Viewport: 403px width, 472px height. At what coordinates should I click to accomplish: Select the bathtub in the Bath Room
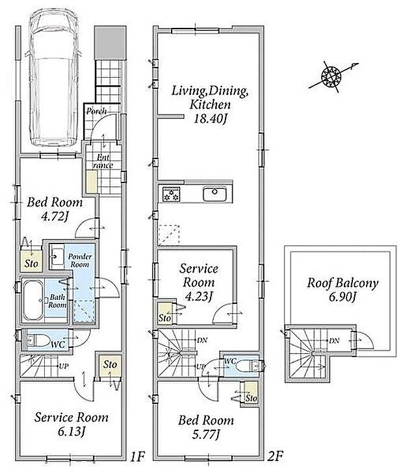(x=33, y=301)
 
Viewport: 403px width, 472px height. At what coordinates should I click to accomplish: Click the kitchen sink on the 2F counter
(x=214, y=193)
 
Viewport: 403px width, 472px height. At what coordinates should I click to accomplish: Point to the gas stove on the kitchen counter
(x=171, y=194)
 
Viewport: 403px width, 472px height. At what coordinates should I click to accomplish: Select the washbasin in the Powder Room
(x=57, y=256)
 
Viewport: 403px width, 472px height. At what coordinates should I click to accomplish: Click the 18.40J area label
(x=209, y=118)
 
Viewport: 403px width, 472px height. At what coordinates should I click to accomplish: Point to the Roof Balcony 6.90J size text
(x=343, y=297)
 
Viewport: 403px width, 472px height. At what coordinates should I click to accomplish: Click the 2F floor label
(x=275, y=456)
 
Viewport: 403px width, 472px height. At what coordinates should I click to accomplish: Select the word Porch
(x=96, y=111)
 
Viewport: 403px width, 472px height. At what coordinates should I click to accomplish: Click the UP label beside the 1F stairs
(x=64, y=366)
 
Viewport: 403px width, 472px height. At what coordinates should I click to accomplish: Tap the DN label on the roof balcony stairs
(x=334, y=341)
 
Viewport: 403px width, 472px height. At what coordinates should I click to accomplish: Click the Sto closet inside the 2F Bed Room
(x=251, y=394)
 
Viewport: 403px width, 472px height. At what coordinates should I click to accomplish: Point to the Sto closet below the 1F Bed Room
(x=31, y=259)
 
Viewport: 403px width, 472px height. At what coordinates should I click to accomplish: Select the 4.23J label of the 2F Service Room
(x=199, y=296)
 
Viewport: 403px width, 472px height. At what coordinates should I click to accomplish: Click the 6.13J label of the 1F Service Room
(x=71, y=432)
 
